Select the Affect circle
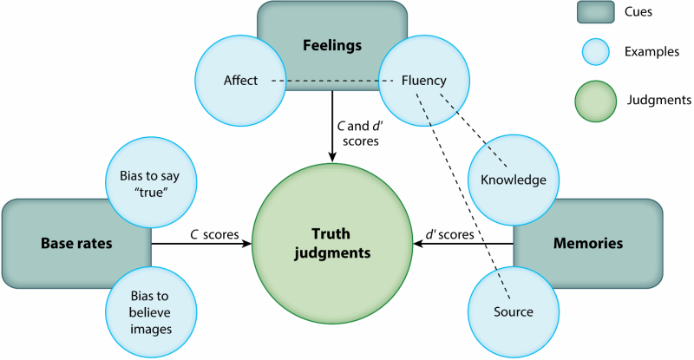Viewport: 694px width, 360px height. pos(239,81)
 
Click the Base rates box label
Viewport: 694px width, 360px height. pos(76,244)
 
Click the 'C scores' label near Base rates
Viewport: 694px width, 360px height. pos(202,233)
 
